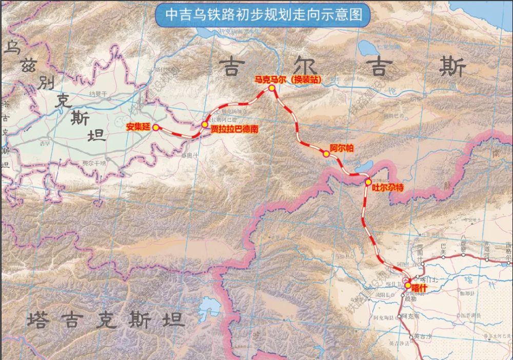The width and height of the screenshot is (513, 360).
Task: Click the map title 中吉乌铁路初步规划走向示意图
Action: click(x=262, y=15)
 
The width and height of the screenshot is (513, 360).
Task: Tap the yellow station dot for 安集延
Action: click(x=155, y=127)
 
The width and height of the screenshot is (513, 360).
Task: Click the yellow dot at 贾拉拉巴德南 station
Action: click(x=205, y=125)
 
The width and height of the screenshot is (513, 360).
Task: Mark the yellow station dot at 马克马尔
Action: click(x=271, y=88)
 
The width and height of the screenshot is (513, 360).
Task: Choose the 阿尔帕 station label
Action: click(x=342, y=148)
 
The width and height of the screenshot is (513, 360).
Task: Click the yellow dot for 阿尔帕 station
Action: click(x=326, y=153)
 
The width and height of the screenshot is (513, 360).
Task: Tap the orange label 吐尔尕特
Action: click(x=388, y=188)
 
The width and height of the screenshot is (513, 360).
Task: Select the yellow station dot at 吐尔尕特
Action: click(x=368, y=182)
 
